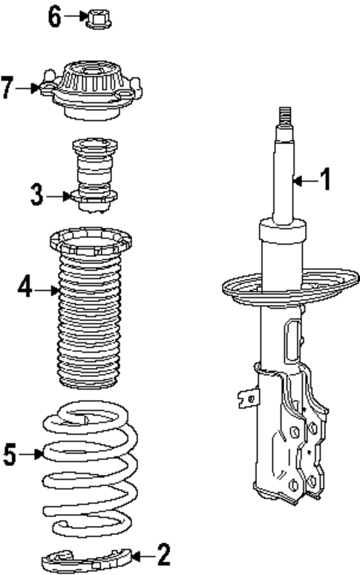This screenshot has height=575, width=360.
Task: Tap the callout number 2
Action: (163, 553)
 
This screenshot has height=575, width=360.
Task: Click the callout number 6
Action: (54, 16)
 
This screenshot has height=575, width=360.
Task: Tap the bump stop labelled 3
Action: (94, 176)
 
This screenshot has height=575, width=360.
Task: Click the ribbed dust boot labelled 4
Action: (91, 319)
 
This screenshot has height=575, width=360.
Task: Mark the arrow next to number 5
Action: (31, 455)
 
